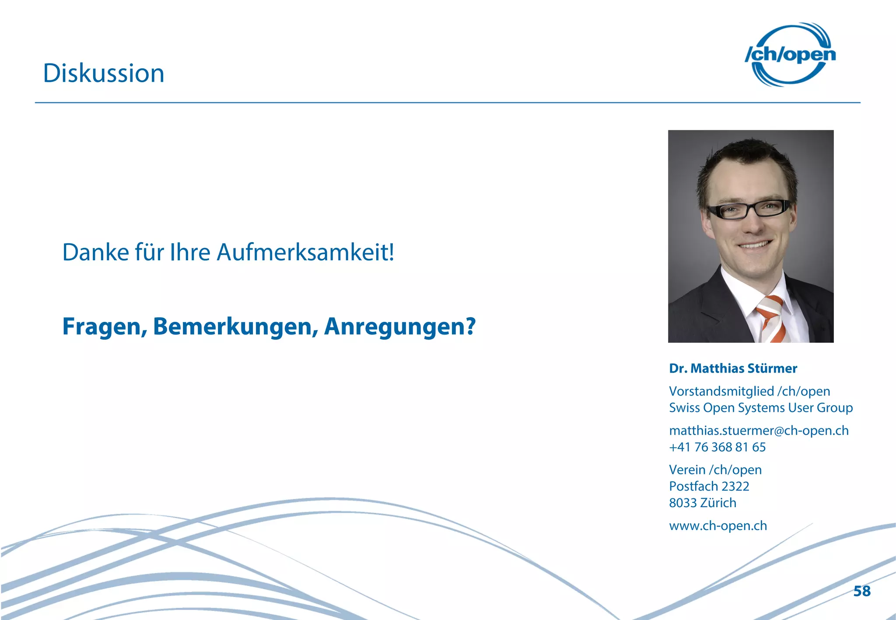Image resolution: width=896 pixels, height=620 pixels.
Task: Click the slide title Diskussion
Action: (104, 73)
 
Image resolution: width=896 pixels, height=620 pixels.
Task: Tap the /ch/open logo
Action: (790, 55)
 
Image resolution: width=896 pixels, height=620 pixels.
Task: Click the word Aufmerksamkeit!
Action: (305, 252)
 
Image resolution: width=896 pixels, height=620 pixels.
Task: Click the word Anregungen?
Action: (399, 327)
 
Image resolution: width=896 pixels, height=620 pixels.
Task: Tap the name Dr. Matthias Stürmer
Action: (733, 369)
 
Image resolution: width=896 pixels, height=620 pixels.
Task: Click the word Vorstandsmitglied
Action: (721, 391)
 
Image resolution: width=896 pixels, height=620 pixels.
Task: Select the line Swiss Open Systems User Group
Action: (761, 408)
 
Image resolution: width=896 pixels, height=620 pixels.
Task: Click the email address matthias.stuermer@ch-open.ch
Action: (759, 431)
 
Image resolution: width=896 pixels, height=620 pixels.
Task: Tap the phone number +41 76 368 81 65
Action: (717, 447)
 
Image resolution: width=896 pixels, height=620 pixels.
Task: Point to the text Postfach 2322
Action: (709, 486)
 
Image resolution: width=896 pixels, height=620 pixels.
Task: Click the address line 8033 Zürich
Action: (703, 503)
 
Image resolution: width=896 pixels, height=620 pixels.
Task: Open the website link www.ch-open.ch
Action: (718, 526)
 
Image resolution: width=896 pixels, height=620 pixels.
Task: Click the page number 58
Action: (862, 591)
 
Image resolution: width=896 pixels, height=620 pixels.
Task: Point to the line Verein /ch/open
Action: (715, 470)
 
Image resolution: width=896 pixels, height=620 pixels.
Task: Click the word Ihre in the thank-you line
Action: (190, 252)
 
